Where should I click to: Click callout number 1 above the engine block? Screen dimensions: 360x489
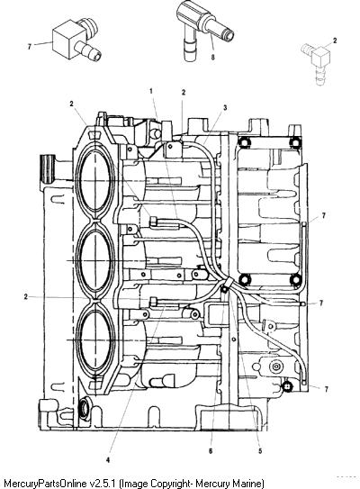tap(151, 91)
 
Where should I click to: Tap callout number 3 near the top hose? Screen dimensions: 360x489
tap(225, 107)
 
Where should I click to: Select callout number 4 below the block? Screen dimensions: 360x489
tap(108, 459)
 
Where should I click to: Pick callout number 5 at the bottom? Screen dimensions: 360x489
tap(260, 450)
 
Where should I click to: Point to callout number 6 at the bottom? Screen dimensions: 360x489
tap(211, 450)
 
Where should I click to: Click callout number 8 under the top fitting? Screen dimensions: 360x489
tap(213, 58)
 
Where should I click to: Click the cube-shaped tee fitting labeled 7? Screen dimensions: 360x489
tap(76, 40)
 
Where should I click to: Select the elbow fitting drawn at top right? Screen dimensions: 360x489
tap(317, 62)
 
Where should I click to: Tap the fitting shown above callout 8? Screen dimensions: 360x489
tap(203, 27)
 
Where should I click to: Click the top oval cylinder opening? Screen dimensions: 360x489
tap(95, 181)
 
